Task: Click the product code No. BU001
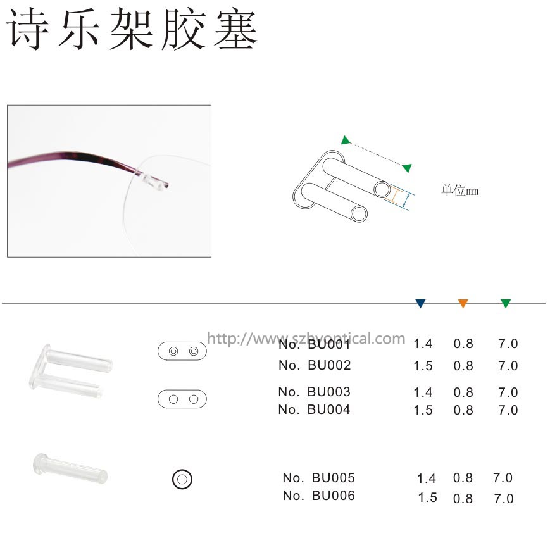pos(315,344)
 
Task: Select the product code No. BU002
pos(315,365)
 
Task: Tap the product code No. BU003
pos(315,392)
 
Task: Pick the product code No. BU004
pos(315,409)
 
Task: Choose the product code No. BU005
pos(319,478)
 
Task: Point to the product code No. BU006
pos(319,496)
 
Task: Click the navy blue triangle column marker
pos(420,303)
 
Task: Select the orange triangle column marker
pos(463,303)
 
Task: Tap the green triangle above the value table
pos(506,303)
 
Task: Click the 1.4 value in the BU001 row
pos(423,344)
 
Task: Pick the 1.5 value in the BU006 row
pos(428,497)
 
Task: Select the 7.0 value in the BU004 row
pos(508,410)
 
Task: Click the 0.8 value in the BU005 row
pos(463,478)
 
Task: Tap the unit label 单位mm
pos(460,191)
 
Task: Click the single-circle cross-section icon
pos(182,479)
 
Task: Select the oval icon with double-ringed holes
pos(182,351)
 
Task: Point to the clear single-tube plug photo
pos(70,469)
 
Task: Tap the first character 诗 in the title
pos(28,29)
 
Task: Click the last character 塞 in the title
pos(235,29)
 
